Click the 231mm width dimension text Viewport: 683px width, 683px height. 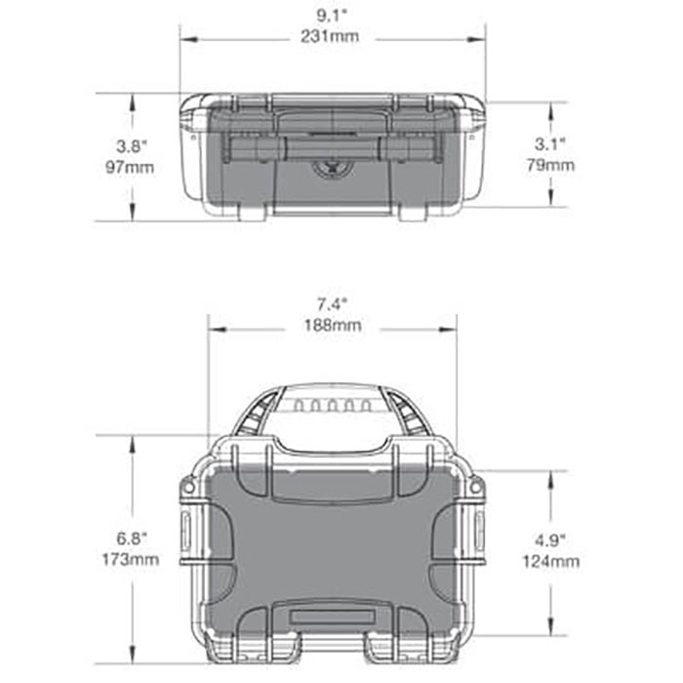[330, 36]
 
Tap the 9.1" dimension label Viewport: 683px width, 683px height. [331, 16]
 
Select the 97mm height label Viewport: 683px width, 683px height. [130, 167]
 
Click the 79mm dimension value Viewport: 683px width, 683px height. [550, 165]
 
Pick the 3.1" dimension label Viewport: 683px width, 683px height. [549, 144]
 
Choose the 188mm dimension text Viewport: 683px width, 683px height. [333, 325]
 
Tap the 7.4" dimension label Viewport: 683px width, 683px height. [332, 304]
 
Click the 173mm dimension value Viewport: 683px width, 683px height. [130, 559]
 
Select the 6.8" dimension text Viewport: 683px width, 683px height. [132, 539]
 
